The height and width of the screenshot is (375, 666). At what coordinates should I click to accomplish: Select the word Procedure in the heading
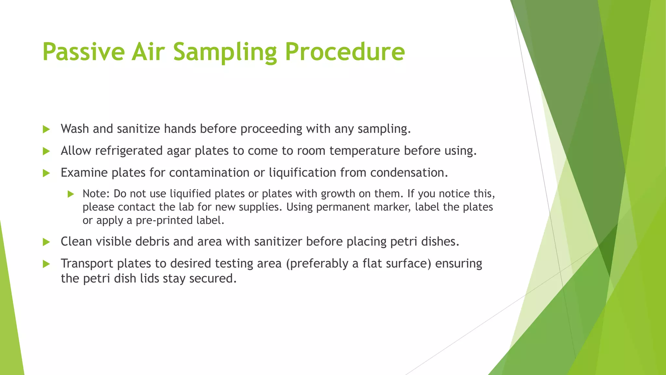click(x=345, y=52)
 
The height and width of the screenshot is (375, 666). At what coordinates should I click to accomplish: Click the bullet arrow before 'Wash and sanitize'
click(x=46, y=129)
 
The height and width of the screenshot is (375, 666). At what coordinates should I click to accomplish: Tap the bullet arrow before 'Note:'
click(x=71, y=194)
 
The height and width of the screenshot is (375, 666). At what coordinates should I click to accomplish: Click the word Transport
click(x=87, y=263)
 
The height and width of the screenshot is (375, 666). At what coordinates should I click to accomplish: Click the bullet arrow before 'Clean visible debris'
click(x=46, y=242)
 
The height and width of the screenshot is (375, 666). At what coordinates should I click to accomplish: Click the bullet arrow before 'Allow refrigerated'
click(x=46, y=151)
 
